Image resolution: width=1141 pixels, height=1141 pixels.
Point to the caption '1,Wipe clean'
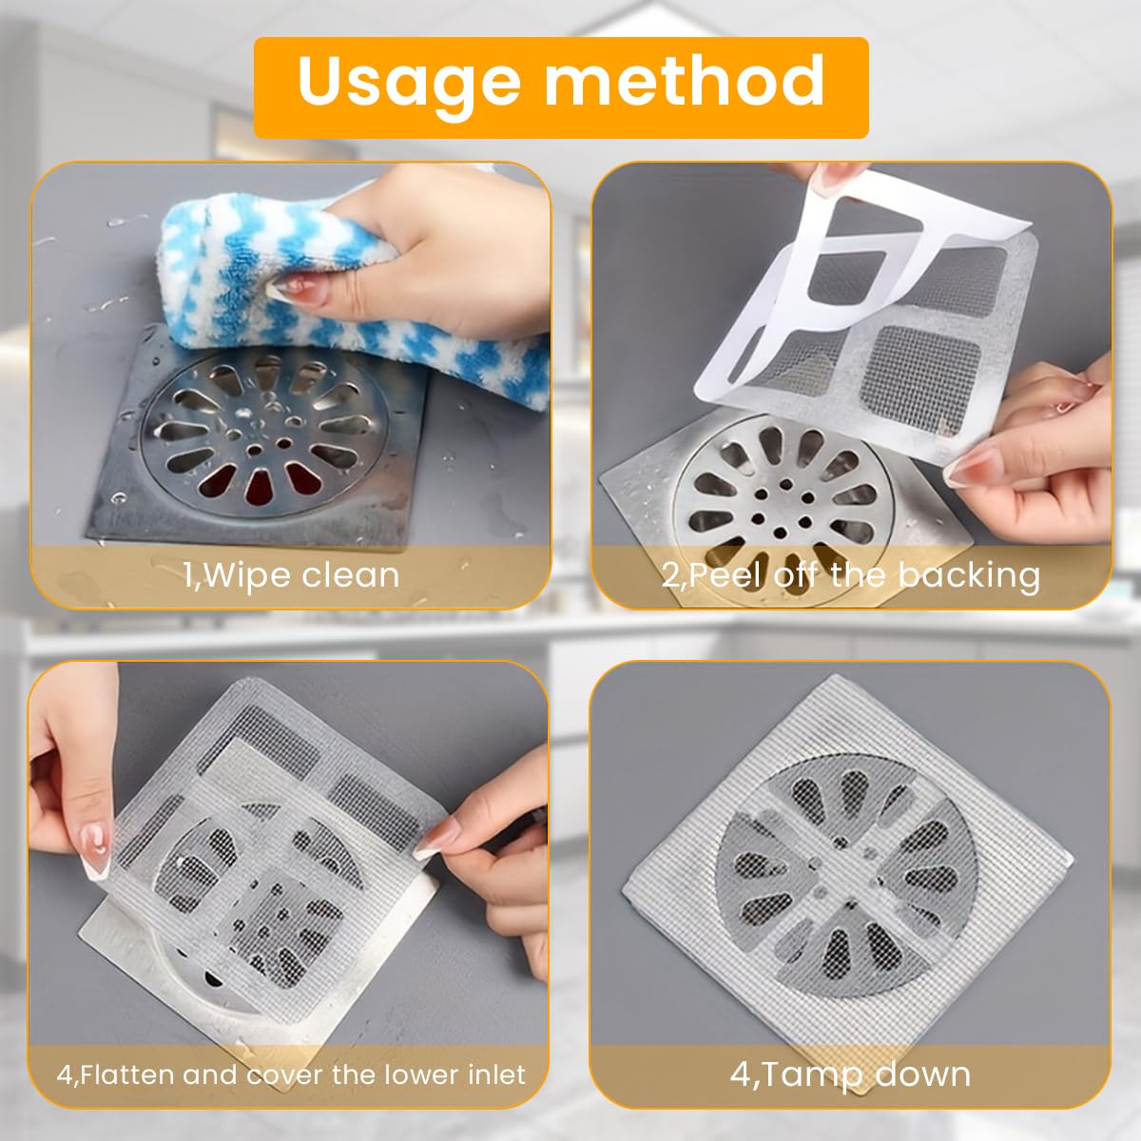(291, 575)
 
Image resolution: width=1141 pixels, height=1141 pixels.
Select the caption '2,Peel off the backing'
(851, 575)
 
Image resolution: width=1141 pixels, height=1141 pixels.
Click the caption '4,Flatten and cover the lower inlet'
(290, 1075)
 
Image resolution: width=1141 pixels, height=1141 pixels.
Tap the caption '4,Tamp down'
(851, 1075)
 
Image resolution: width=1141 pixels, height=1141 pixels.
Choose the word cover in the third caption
(286, 1075)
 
